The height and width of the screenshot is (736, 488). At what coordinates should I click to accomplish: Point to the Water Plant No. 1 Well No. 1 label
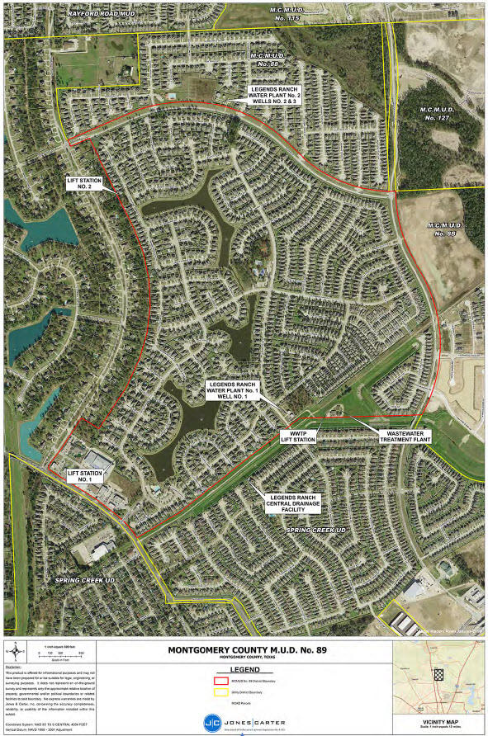click(x=234, y=391)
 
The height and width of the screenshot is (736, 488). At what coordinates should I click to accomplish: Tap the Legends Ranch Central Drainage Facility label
click(x=294, y=502)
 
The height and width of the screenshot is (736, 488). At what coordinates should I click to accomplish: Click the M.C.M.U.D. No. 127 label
click(x=441, y=112)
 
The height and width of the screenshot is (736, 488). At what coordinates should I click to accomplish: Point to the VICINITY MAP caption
click(x=438, y=720)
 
